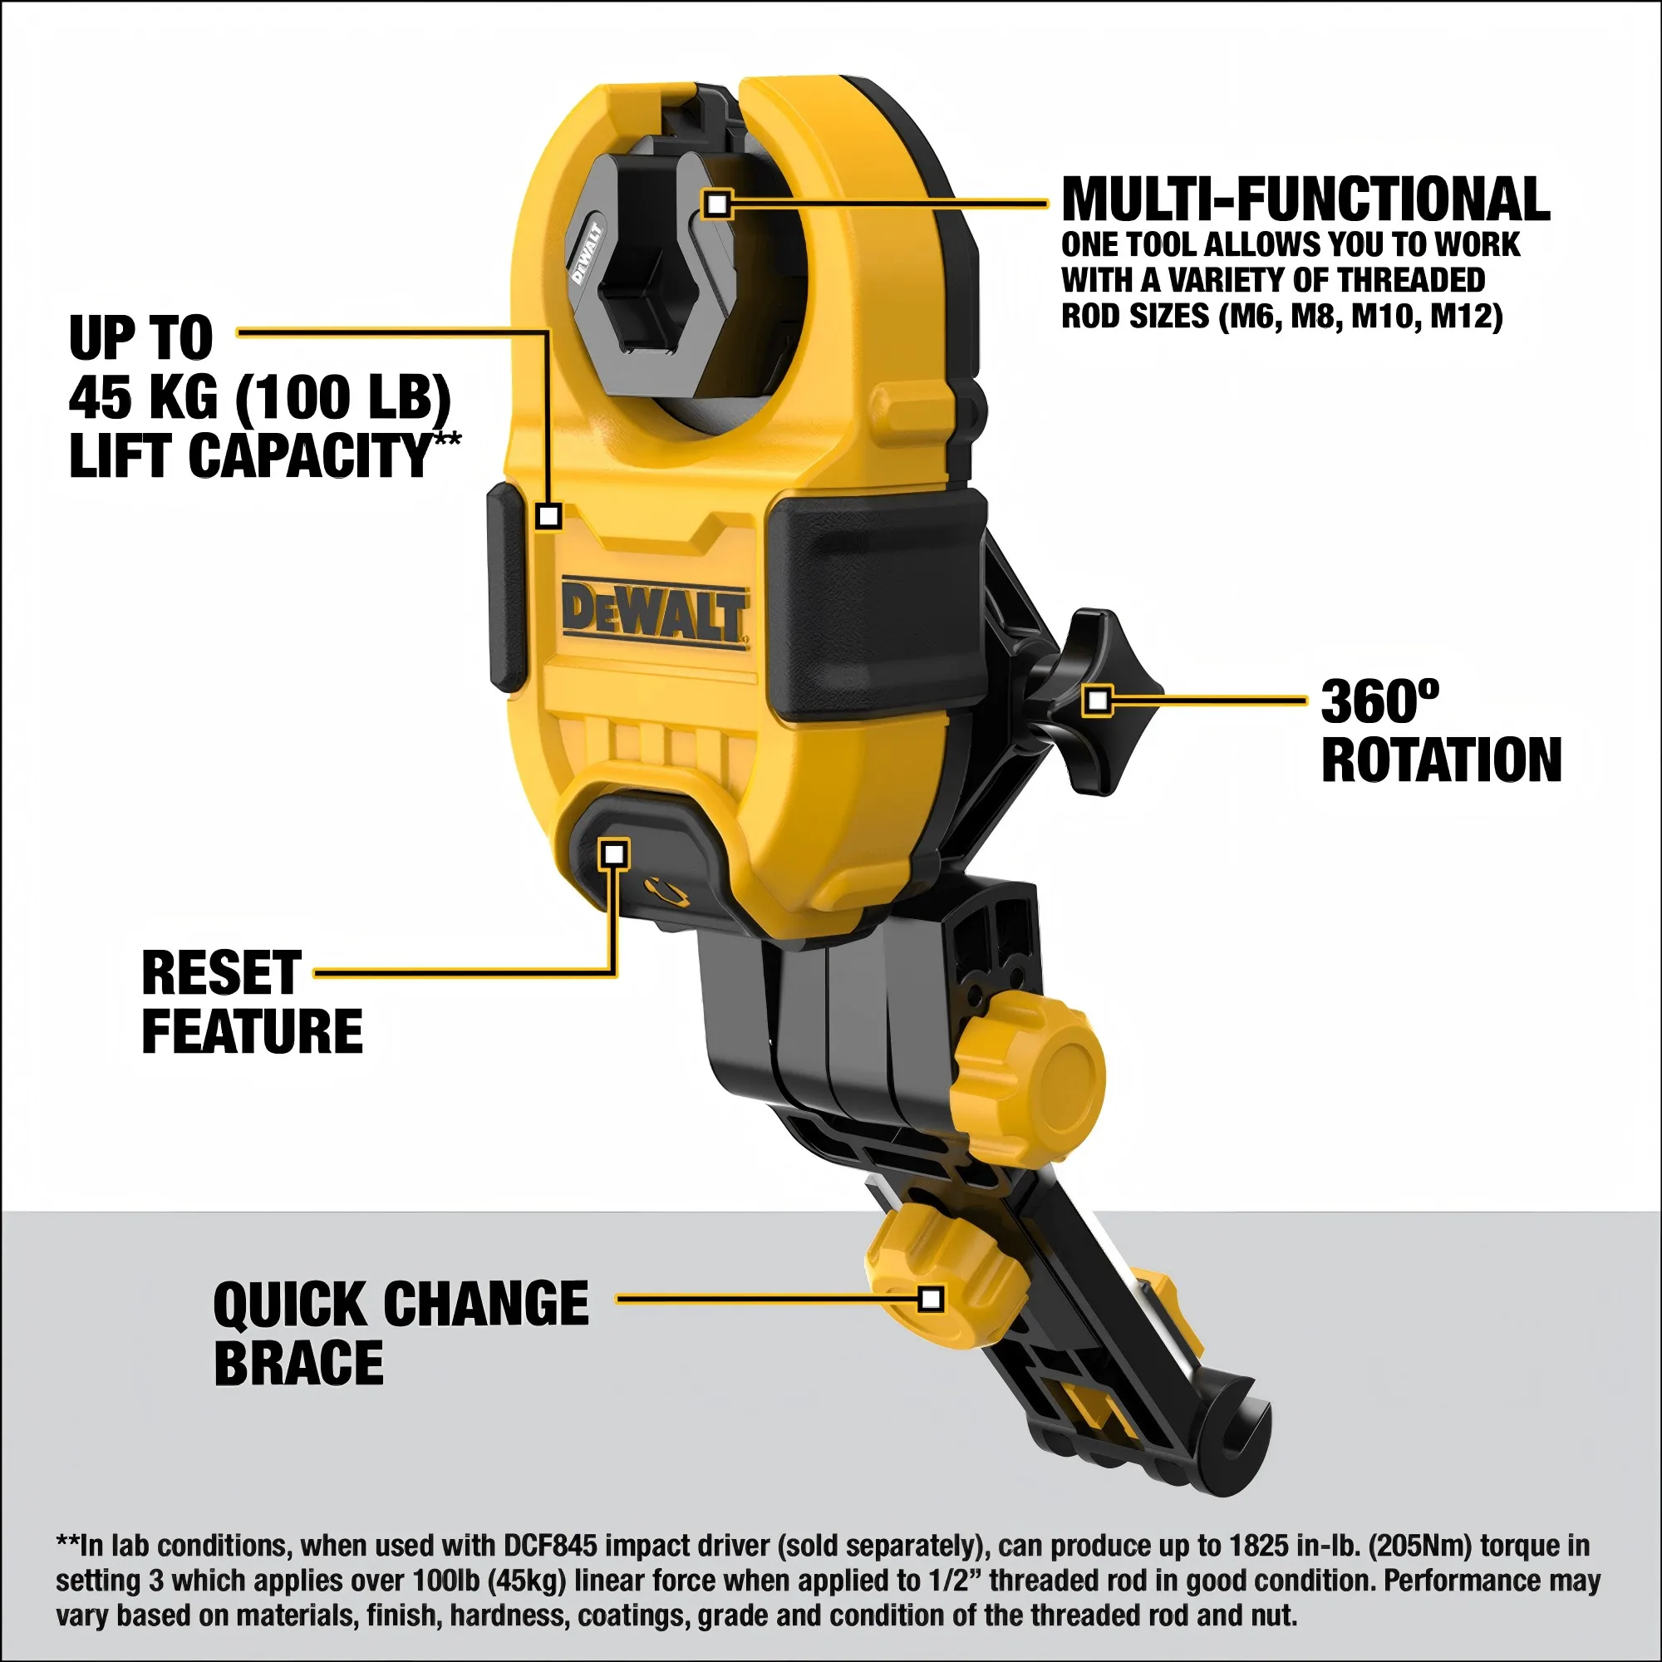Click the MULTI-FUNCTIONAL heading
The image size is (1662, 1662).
coord(1305,199)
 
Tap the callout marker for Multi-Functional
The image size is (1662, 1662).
coord(716,204)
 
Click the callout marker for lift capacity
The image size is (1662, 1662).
coord(548,516)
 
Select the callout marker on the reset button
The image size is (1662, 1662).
coord(614,854)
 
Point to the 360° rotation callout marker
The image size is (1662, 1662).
coord(1097,701)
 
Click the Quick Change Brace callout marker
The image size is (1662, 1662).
coord(931,1299)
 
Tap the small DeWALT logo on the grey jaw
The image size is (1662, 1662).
coord(587,253)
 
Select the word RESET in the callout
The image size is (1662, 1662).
coord(221,974)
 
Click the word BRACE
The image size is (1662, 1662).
coord(298,1364)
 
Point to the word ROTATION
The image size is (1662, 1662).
coord(1441,760)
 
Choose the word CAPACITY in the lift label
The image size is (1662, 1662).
coord(310,456)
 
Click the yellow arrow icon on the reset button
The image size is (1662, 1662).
coord(667,890)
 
